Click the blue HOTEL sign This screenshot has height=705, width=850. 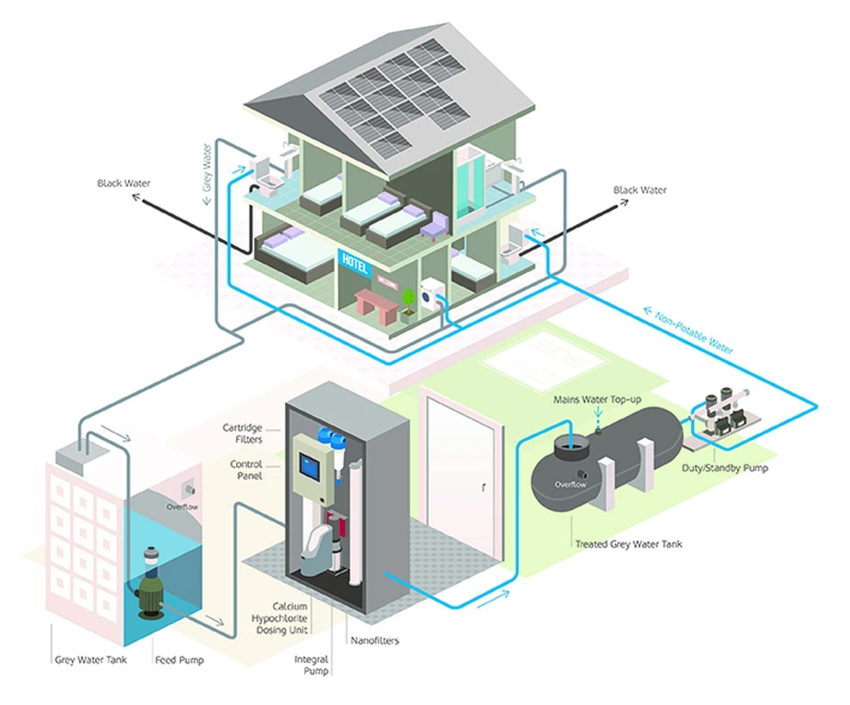click(x=354, y=264)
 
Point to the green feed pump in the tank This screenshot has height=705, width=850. click(x=150, y=582)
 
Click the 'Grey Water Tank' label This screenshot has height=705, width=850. click(x=91, y=660)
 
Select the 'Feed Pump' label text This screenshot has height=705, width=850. click(x=179, y=660)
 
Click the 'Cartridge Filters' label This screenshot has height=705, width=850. click(x=242, y=434)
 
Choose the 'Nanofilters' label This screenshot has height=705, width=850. click(x=375, y=641)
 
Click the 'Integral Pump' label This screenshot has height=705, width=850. click(x=312, y=665)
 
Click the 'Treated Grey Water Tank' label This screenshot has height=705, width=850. click(x=628, y=544)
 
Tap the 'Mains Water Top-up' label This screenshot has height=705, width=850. click(x=597, y=400)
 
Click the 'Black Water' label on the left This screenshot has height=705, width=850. click(x=124, y=184)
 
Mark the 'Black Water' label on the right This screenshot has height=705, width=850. click(x=640, y=190)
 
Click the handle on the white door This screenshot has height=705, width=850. click(x=484, y=487)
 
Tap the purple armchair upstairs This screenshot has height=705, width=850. click(x=433, y=225)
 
